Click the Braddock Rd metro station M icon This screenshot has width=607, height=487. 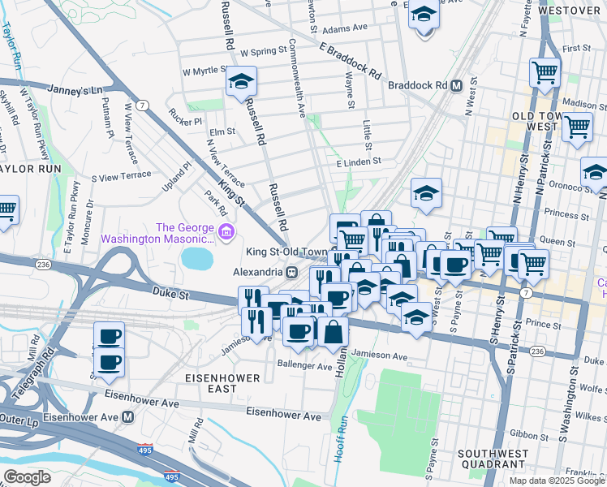pyautogui.click(x=457, y=85)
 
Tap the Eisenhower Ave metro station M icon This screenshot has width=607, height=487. pyautogui.click(x=127, y=417)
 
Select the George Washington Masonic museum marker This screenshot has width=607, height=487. pyautogui.click(x=225, y=235)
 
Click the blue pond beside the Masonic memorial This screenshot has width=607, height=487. pyautogui.click(x=196, y=259)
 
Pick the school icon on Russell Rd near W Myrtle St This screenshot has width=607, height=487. pyautogui.click(x=241, y=81)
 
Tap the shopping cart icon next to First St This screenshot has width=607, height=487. pyautogui.click(x=545, y=71)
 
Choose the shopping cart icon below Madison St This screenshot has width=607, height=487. pyautogui.click(x=577, y=127)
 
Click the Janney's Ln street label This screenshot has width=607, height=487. pyautogui.click(x=75, y=89)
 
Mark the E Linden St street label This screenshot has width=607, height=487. pyautogui.click(x=359, y=163)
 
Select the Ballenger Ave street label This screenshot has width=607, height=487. pyautogui.click(x=307, y=366)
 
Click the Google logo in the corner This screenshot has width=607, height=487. pyautogui.click(x=27, y=477)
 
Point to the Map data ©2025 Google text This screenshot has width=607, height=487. pyautogui.click(x=557, y=481)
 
